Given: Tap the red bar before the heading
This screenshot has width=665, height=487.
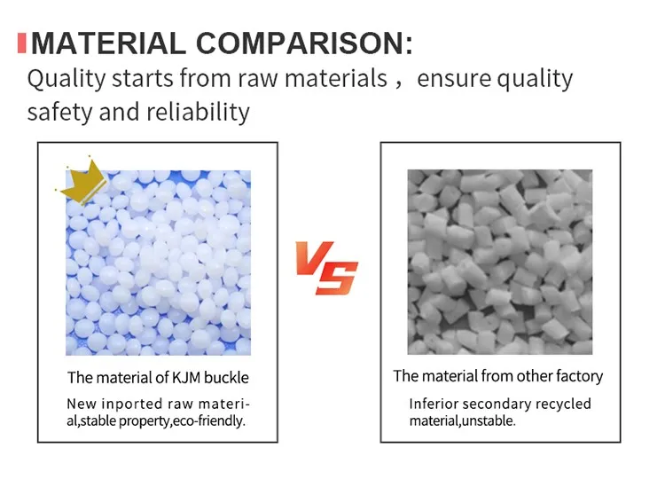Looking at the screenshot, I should tap(21, 42).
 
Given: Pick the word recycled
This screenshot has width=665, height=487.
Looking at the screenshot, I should tap(561, 405).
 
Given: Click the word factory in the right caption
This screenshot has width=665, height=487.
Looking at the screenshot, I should tap(578, 376).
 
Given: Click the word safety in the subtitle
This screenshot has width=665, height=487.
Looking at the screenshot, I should tap(57, 113).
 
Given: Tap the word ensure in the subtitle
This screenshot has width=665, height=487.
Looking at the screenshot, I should tap(454, 79).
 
